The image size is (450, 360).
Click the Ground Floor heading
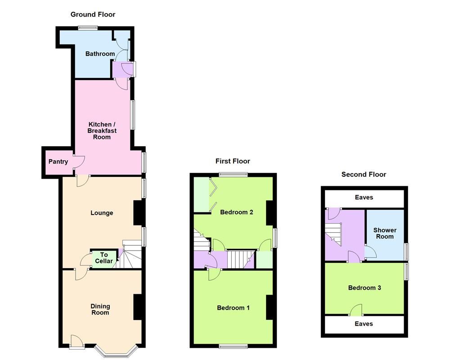93,14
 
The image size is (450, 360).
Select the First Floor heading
233,161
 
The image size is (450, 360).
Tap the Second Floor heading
364,175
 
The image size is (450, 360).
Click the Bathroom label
100,54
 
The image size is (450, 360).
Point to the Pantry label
58,162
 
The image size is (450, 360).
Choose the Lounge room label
102,213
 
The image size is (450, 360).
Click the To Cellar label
104,258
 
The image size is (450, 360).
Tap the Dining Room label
100,310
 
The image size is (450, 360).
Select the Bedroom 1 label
233,308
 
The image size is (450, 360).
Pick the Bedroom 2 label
237,212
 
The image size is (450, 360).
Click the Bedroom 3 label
364,288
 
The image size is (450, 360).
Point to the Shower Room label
385,233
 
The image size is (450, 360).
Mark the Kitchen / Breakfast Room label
102,130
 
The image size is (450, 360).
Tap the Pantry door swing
79,162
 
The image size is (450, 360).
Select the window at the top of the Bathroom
87,28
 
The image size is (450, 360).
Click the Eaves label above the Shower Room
364,198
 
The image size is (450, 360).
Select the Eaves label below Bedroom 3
364,324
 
